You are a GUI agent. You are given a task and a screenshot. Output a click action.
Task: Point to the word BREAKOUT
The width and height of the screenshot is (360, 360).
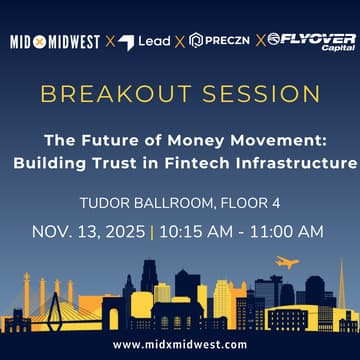click(105, 95)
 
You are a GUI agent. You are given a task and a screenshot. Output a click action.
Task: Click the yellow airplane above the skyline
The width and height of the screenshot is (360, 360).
click(287, 263)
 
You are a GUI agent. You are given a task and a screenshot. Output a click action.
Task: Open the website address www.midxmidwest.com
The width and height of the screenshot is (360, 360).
click(180, 344)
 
